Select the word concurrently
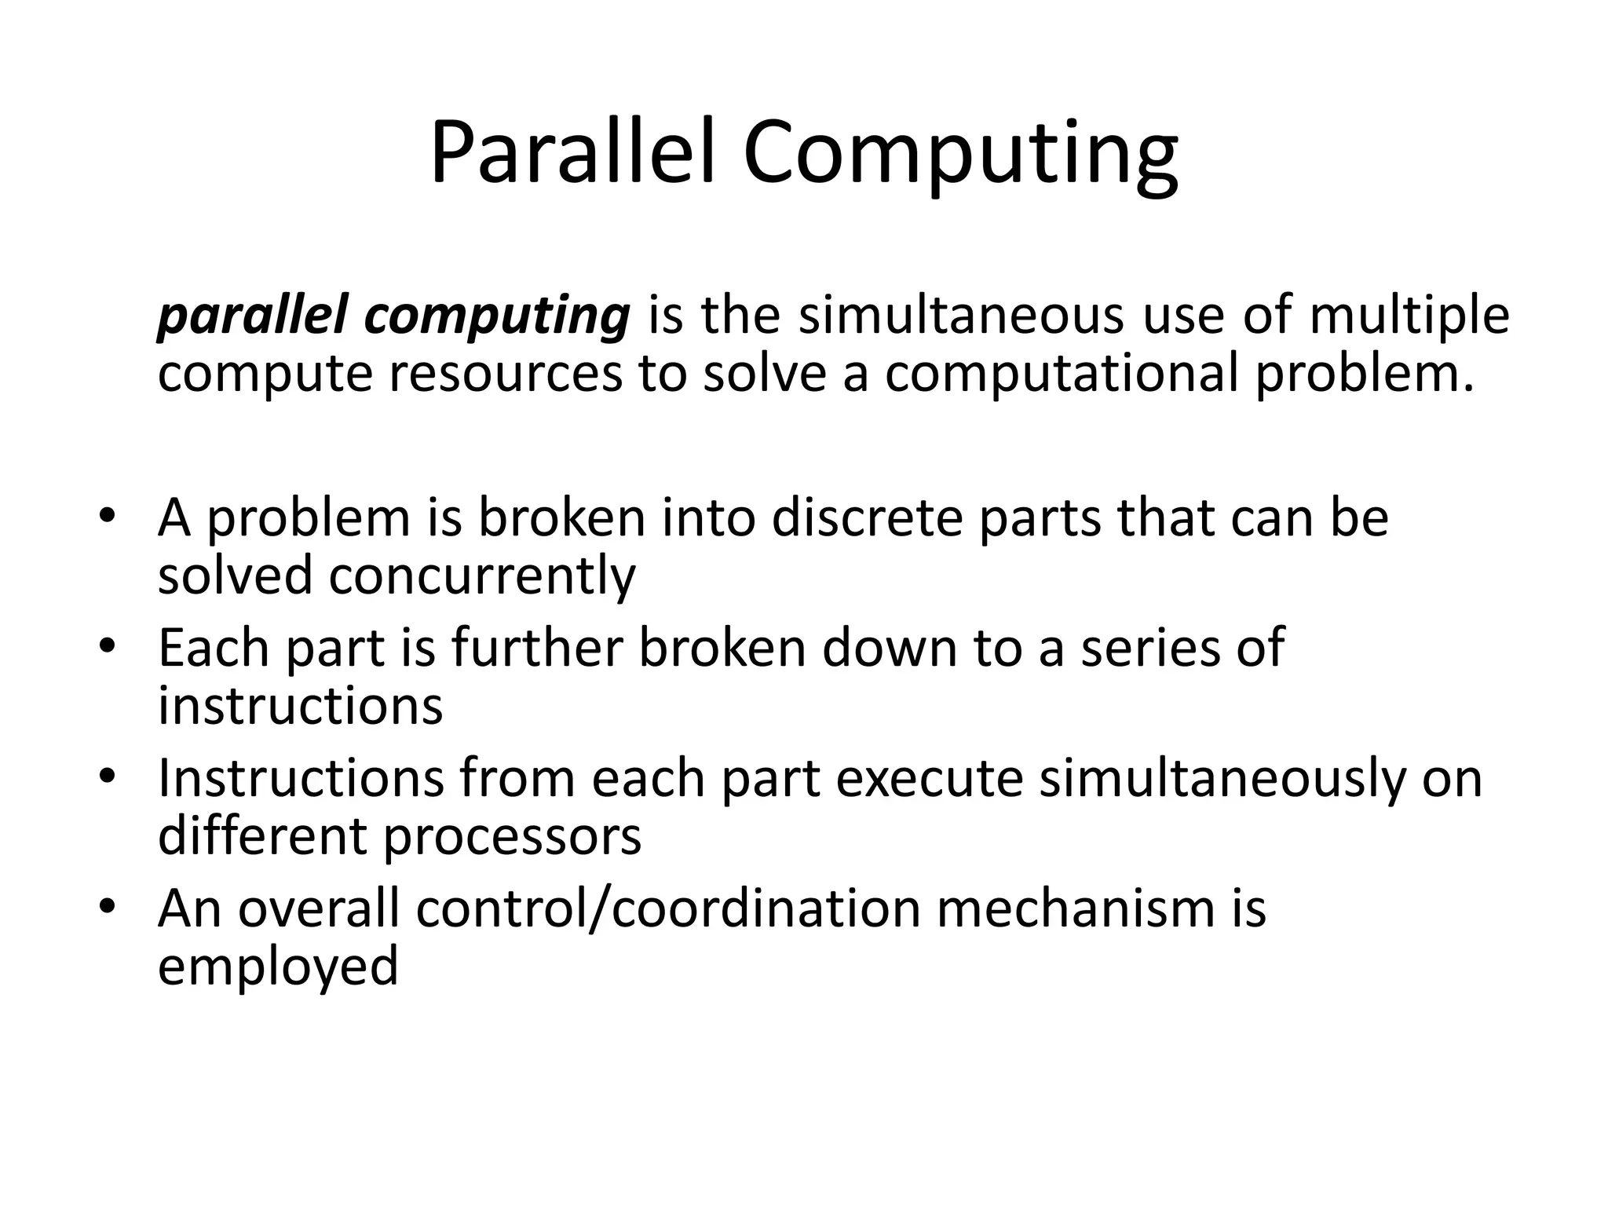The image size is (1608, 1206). [481, 577]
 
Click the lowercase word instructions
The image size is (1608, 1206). [300, 706]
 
